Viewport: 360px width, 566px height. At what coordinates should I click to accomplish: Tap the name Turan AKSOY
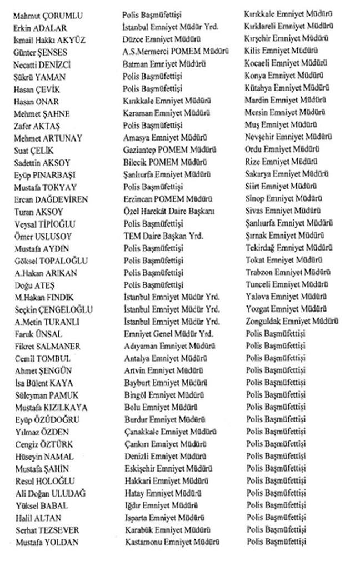click(x=39, y=212)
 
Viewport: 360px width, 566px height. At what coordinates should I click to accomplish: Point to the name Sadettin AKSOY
click(x=43, y=163)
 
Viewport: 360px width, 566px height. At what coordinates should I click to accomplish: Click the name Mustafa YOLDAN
click(x=47, y=542)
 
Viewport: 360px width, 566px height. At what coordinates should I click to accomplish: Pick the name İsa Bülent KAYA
click(x=44, y=383)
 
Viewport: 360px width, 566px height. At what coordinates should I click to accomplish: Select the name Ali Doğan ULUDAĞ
click(x=51, y=493)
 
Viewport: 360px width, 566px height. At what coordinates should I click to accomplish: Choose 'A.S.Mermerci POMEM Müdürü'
click(x=172, y=52)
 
